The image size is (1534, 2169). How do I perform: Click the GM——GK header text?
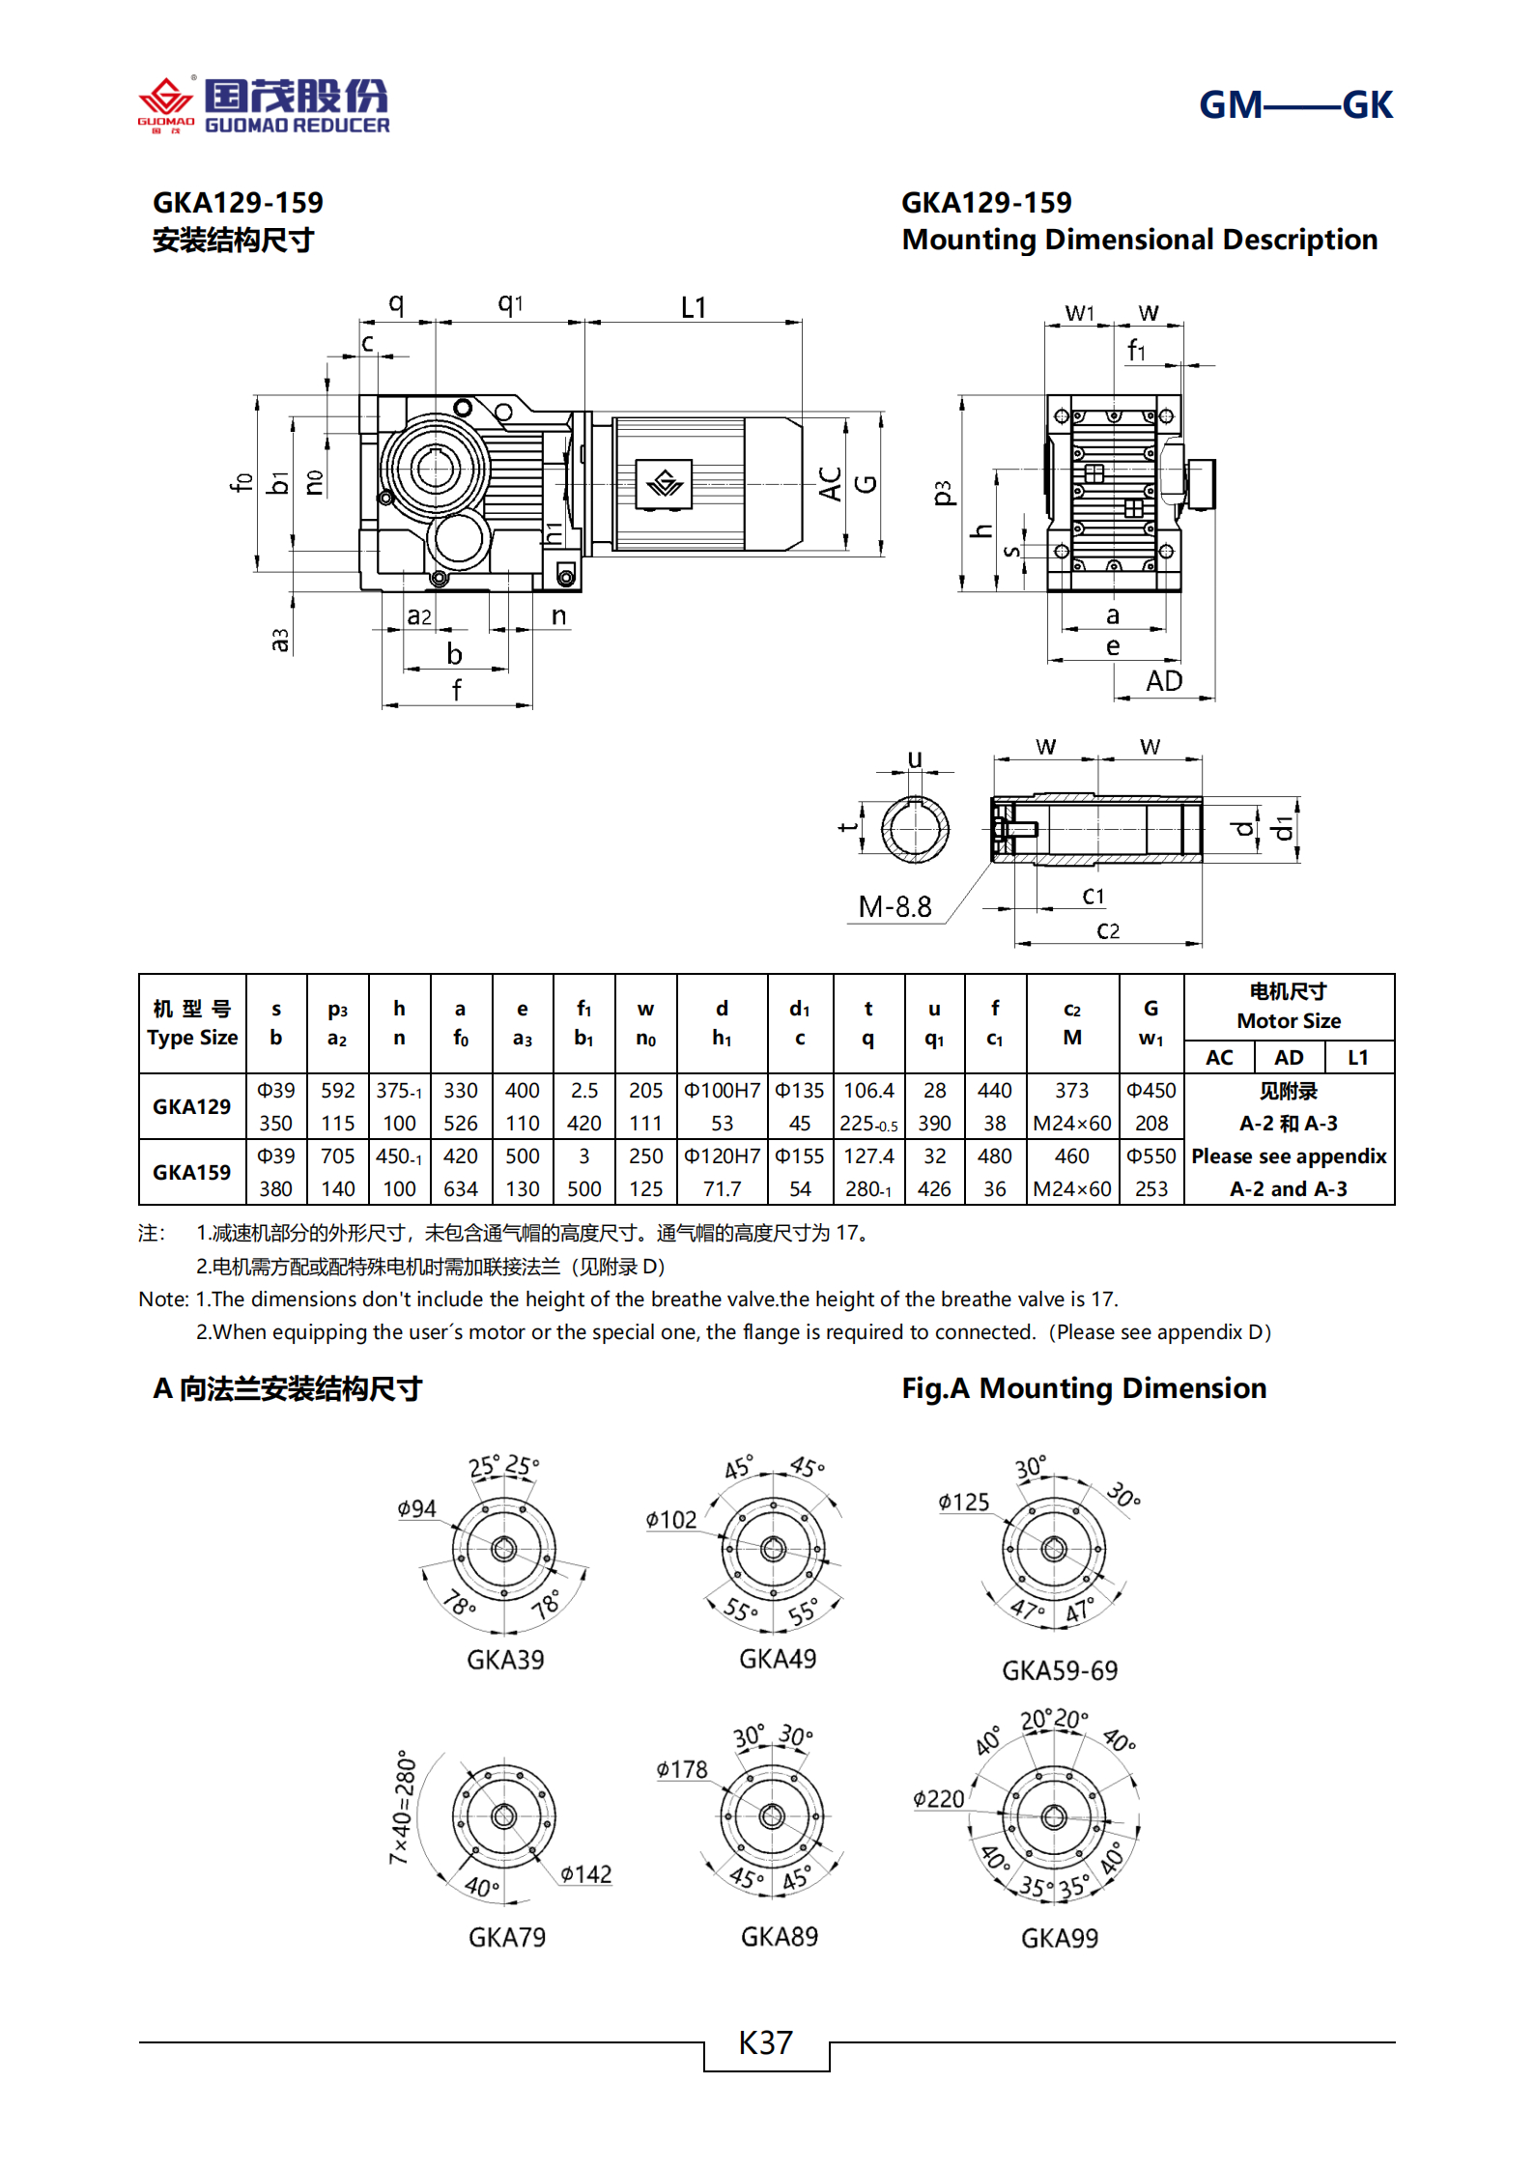click(1294, 105)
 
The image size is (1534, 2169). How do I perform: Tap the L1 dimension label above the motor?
click(693, 308)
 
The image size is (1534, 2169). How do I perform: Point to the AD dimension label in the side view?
click(1163, 681)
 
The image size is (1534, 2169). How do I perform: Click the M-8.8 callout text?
click(895, 907)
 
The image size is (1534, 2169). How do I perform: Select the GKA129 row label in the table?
click(191, 1106)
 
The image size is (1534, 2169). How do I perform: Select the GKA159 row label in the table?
click(191, 1172)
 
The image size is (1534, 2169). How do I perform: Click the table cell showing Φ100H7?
click(722, 1091)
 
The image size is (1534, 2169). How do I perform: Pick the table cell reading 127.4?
click(868, 1156)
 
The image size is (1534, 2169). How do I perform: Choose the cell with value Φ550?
click(1150, 1156)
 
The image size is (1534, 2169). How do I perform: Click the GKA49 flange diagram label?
click(777, 1659)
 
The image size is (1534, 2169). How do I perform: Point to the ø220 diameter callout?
click(938, 1799)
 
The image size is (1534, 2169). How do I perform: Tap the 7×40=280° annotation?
click(403, 1806)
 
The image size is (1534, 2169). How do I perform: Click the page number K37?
click(765, 2042)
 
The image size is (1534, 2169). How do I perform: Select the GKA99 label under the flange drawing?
click(1059, 1938)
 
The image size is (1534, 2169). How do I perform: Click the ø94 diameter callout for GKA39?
click(416, 1508)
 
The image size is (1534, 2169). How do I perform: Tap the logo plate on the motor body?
click(664, 483)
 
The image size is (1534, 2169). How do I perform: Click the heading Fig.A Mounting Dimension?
click(1083, 1388)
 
